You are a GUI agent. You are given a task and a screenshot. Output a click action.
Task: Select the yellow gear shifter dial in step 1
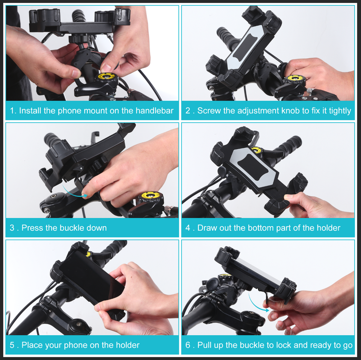click(108, 78)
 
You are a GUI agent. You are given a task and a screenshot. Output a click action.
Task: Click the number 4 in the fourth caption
click(188, 228)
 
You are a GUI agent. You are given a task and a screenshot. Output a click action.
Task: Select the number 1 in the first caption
click(13, 111)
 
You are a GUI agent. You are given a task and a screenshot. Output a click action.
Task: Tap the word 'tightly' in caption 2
click(340, 111)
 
